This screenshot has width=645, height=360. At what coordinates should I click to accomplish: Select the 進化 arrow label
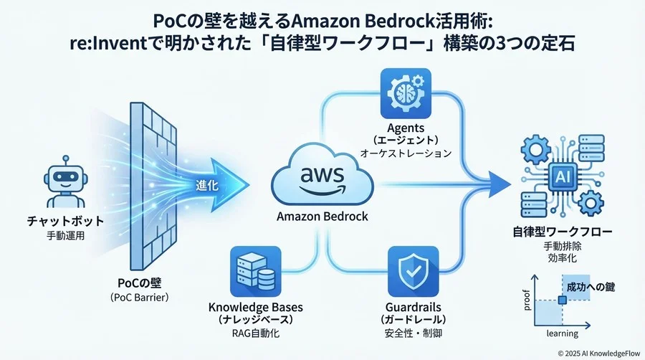(x=208, y=184)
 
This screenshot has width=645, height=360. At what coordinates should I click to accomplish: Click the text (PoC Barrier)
(x=141, y=298)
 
